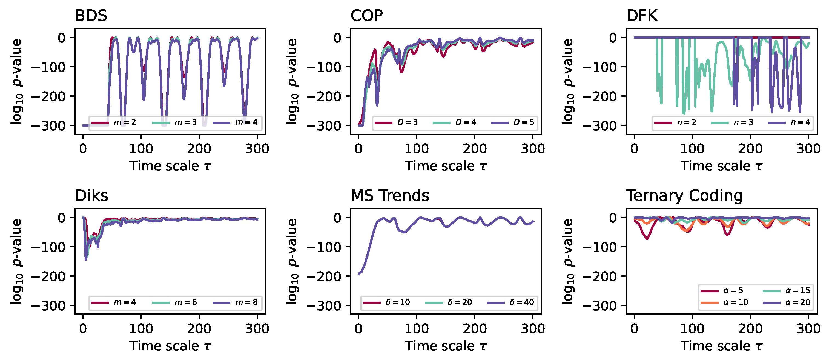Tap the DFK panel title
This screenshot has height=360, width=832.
(641, 16)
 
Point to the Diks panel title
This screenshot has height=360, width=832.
(91, 196)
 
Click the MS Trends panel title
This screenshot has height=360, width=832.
(390, 196)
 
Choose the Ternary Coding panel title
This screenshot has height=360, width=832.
(684, 196)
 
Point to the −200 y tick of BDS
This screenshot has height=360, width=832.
(48, 96)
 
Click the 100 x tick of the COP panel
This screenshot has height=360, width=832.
(416, 149)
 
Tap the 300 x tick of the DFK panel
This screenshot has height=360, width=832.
(808, 149)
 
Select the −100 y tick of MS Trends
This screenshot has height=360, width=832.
(324, 247)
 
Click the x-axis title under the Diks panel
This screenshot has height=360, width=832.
(170, 346)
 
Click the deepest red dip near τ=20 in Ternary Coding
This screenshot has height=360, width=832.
(647, 238)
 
